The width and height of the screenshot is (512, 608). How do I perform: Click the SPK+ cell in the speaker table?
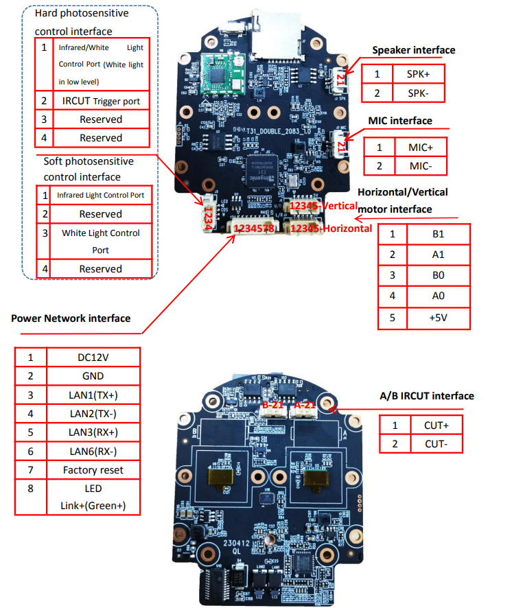[x=419, y=74]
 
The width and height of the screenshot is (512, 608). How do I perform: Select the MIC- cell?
[x=419, y=165]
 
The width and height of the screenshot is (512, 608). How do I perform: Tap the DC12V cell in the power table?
[x=93, y=358]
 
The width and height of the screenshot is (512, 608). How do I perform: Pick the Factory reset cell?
[x=93, y=470]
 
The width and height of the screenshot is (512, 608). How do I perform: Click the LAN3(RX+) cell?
[x=93, y=432]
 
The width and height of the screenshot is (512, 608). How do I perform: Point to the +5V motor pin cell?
[x=438, y=318]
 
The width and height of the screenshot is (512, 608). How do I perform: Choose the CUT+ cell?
[x=436, y=425]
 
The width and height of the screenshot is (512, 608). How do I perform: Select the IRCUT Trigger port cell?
[x=100, y=101]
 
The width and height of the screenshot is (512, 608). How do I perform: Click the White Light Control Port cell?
[x=100, y=241]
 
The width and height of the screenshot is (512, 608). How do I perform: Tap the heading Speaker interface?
[x=413, y=50]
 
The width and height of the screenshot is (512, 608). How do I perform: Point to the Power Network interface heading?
[x=71, y=318]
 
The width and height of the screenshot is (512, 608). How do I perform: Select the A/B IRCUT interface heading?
[x=426, y=396]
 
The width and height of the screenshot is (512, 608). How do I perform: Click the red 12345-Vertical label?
[x=323, y=206]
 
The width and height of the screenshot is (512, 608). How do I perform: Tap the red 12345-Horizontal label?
[x=331, y=228]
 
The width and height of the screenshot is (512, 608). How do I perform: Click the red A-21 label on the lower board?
[x=304, y=406]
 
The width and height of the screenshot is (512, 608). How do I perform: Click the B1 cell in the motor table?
[x=438, y=233]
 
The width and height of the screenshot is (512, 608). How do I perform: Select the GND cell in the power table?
[x=93, y=376]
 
